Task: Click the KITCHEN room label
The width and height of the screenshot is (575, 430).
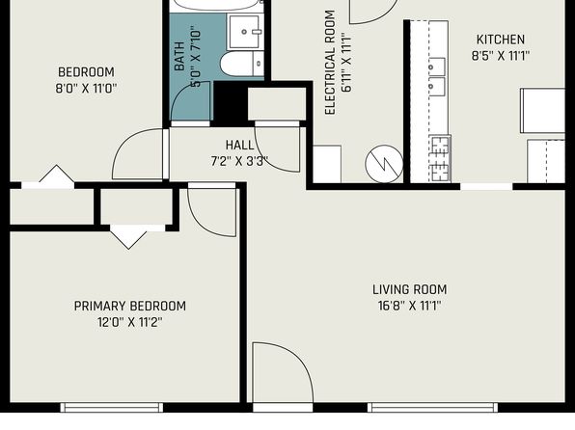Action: point(500,40)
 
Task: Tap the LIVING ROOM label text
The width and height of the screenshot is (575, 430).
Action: point(410,289)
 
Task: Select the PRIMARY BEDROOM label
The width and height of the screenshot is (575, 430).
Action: point(130,306)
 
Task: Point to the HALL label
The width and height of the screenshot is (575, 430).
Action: point(239,146)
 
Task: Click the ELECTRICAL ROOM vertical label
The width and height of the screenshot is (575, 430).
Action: point(330,63)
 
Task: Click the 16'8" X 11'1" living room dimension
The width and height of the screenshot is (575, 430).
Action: point(409,306)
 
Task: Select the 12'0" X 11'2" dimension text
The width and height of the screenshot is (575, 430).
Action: point(130,322)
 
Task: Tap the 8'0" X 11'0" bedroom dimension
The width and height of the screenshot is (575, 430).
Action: point(86,89)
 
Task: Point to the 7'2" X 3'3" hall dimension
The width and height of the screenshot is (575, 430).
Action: point(239,161)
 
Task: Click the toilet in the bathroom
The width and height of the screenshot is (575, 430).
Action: point(241,65)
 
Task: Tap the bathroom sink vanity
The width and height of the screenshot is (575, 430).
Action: point(246,32)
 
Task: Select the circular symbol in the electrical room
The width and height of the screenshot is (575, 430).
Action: point(384,164)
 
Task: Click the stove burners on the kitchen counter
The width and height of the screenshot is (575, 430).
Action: point(440,159)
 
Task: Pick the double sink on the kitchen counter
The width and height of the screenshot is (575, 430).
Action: point(437,76)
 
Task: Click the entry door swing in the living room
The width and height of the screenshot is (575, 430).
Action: point(283,372)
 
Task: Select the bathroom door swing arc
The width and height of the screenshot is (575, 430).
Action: point(191,101)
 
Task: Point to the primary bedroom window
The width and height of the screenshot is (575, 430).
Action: point(112,407)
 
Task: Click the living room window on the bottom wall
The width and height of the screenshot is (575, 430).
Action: point(433,407)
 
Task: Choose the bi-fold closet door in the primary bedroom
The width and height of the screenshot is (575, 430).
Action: point(128,237)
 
